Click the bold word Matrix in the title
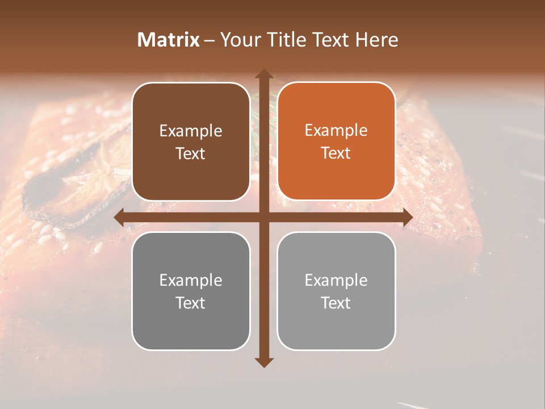[169, 40]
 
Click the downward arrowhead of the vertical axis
[263, 362]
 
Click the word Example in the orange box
[336, 130]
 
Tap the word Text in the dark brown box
[191, 153]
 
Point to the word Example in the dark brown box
[191, 131]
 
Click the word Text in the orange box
[336, 153]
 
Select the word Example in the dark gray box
[191, 280]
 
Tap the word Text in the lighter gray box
[336, 303]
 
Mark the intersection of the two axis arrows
[263, 218]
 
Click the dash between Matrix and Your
[209, 40]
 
